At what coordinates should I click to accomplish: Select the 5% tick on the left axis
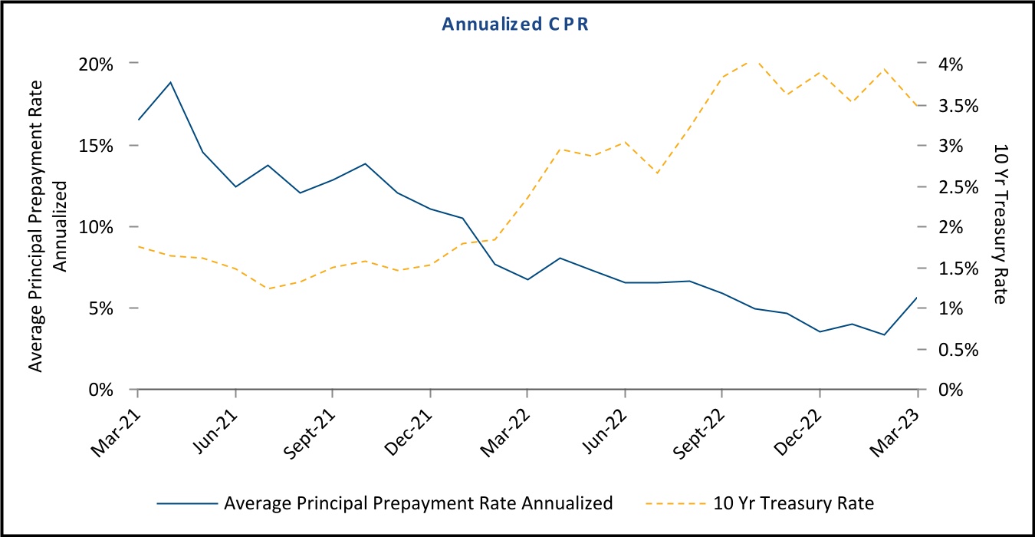[x=103, y=308]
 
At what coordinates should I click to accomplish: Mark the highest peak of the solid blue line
[x=170, y=82]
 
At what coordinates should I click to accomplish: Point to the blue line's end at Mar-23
[x=917, y=298]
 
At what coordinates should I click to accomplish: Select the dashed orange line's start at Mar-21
[x=138, y=246]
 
